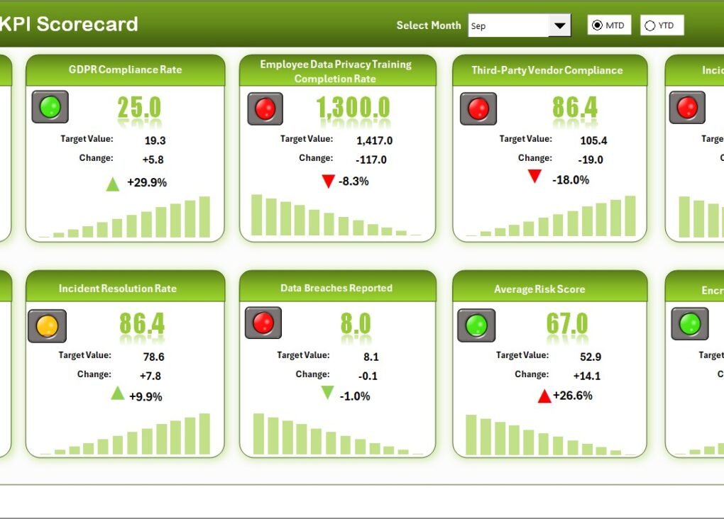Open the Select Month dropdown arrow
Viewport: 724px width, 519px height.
(559, 26)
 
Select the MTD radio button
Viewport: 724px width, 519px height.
(597, 26)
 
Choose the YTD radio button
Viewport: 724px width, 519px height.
(649, 26)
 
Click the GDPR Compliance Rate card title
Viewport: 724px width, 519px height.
(125, 69)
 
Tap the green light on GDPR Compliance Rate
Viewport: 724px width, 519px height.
(50, 106)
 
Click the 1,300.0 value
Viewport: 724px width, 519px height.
(353, 108)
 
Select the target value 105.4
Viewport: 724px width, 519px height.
(593, 140)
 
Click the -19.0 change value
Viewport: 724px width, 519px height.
(591, 160)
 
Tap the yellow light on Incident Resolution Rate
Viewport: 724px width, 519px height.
(47, 326)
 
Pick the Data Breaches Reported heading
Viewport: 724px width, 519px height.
(336, 288)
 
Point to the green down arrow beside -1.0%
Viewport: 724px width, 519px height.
(327, 393)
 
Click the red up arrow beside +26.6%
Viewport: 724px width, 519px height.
(544, 396)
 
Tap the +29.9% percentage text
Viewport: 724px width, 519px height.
(147, 182)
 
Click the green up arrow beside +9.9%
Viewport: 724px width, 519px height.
(118, 393)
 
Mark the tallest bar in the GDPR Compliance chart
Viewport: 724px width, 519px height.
(204, 217)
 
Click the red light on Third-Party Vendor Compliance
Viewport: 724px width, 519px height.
(478, 109)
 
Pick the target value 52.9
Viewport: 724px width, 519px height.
(591, 357)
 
